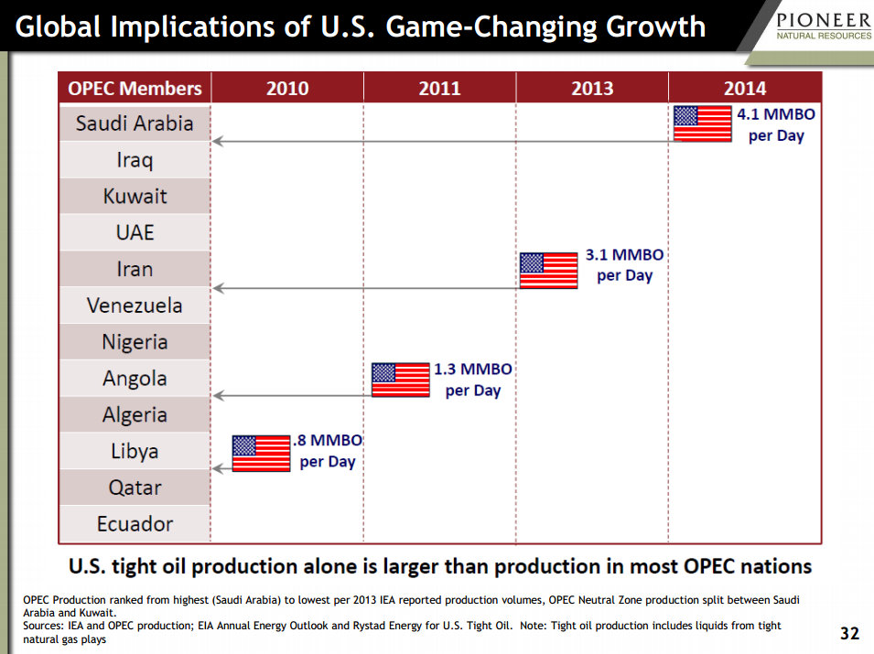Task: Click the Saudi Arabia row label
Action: tap(135, 123)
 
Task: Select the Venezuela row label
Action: tap(135, 306)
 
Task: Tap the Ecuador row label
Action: tap(135, 524)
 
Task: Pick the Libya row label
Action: tap(135, 451)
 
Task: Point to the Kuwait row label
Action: tap(135, 197)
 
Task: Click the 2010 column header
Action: tap(287, 89)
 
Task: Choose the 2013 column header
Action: tap(592, 89)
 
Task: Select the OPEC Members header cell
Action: tap(135, 89)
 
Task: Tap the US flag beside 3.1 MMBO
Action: tap(548, 270)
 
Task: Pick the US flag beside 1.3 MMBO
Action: tap(400, 379)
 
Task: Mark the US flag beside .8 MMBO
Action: tap(261, 453)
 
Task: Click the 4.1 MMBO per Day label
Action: tap(776, 125)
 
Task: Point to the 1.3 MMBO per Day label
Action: tap(472, 380)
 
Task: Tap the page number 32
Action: tap(850, 633)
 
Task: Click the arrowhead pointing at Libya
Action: tap(217, 468)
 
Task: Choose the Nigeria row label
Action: tap(135, 342)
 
